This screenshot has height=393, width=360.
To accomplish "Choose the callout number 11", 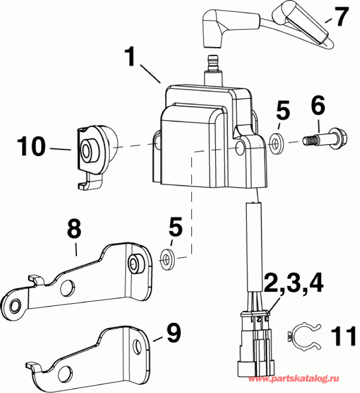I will point(341,335).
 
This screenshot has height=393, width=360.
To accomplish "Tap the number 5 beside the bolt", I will point(283,113).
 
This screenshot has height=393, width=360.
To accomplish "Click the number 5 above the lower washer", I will point(175,227).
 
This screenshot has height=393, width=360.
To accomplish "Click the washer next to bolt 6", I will point(275,142).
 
